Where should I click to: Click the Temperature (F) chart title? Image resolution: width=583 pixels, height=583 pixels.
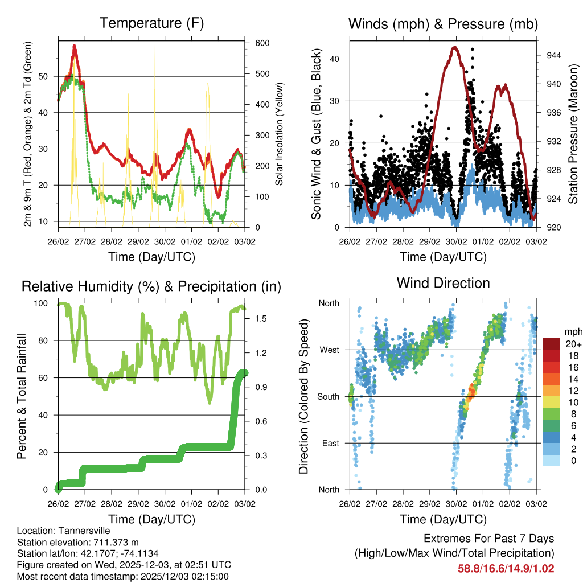point(151,23)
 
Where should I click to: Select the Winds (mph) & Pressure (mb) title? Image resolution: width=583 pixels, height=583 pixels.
point(443,24)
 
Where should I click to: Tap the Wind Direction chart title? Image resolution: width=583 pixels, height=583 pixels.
point(443,283)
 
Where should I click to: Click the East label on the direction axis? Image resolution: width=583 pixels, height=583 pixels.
point(330,443)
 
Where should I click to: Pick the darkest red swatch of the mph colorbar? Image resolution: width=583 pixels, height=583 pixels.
point(551,344)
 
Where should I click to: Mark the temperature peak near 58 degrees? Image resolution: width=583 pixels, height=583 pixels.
point(74,46)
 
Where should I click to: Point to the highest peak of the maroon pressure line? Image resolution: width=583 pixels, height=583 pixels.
point(454,47)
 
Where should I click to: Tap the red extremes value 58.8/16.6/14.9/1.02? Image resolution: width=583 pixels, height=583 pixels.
point(506,568)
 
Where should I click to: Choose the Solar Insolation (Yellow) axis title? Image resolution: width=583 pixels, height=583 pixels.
point(279,134)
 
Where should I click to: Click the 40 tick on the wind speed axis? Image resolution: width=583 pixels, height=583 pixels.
point(336,59)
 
